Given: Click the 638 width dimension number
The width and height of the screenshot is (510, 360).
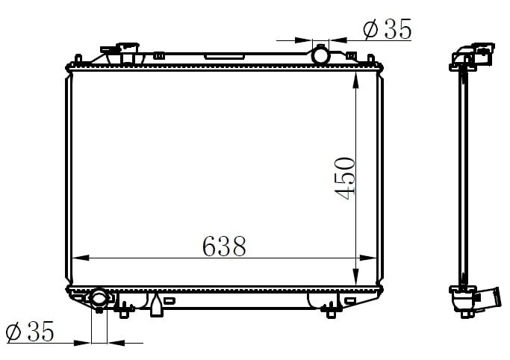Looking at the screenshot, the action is tap(224, 246).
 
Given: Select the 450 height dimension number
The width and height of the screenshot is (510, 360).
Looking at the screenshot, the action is tap(345, 179).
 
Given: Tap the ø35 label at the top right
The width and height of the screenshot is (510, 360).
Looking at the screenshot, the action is tap(388, 29).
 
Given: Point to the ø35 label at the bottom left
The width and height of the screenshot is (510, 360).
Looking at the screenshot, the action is tap(30, 332).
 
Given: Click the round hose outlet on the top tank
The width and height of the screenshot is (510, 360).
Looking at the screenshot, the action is tap(320, 55).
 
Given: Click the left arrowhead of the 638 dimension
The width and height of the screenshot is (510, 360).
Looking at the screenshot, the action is tap(81, 258).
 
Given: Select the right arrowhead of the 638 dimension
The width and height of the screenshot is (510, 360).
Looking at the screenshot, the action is tap(368, 258).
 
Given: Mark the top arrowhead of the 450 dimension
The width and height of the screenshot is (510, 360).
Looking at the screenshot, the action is tap(356, 80).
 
